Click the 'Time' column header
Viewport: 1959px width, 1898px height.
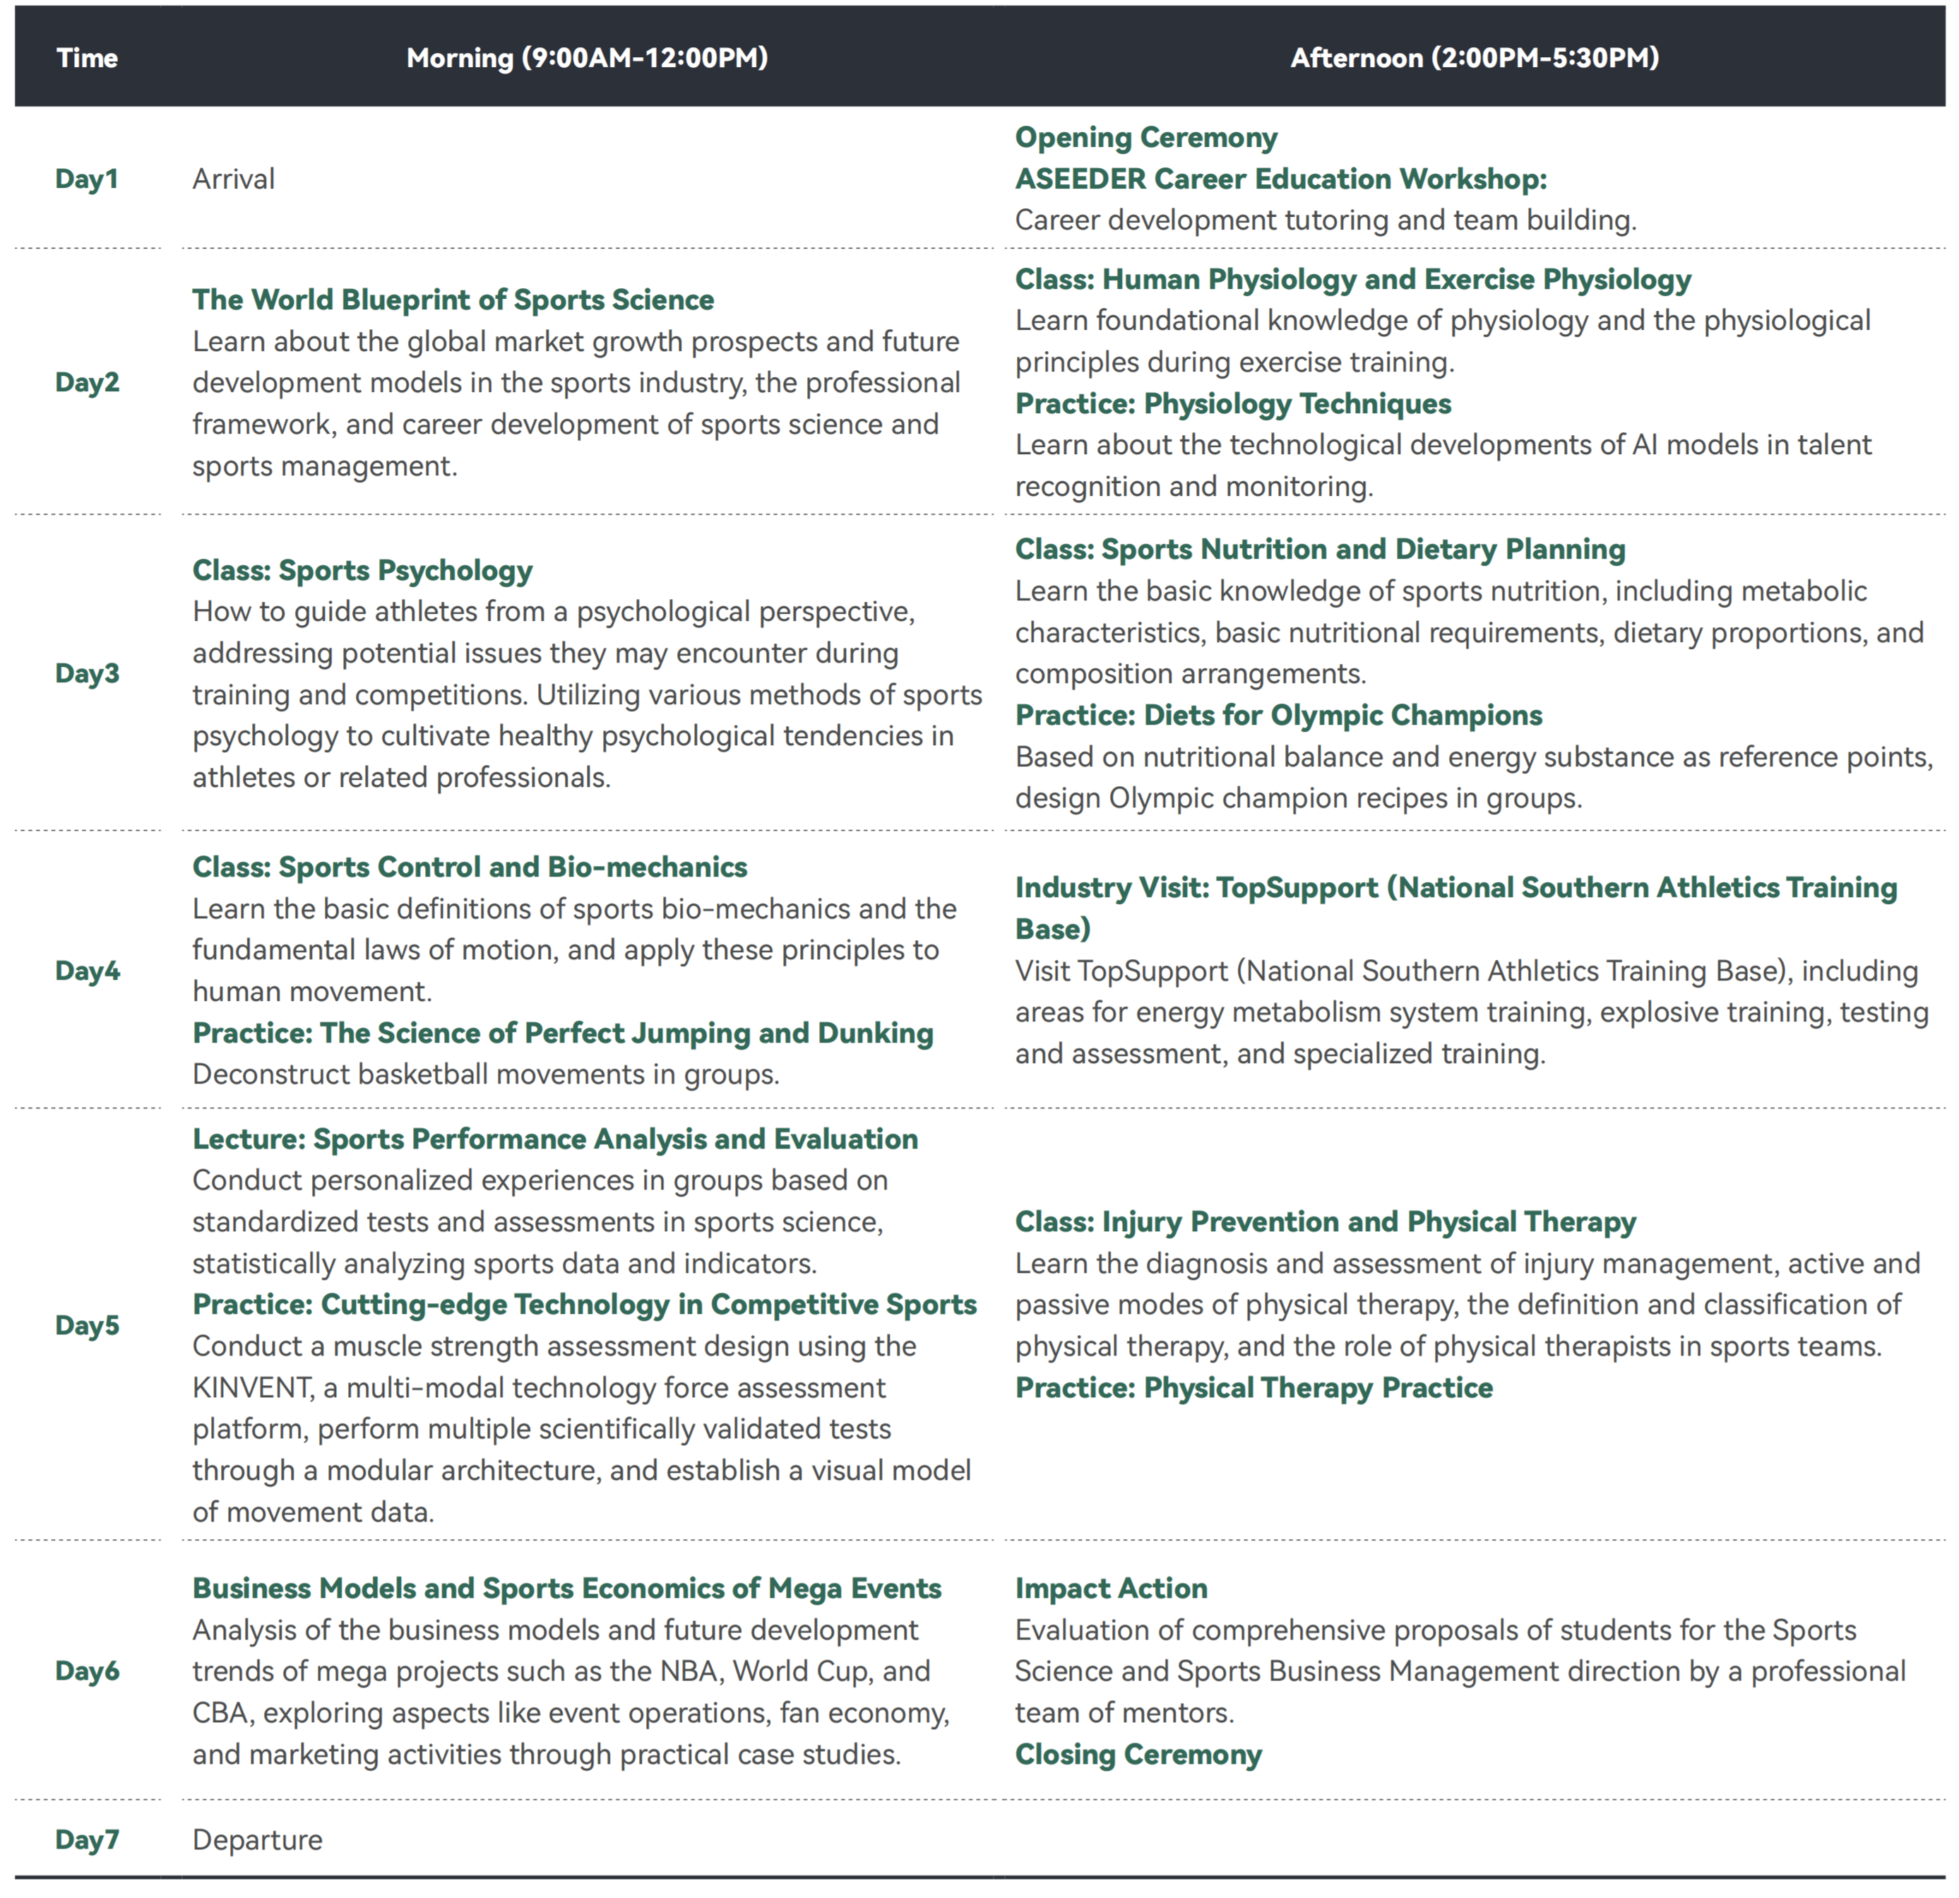click(x=87, y=58)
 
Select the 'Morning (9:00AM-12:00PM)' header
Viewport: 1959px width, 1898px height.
click(x=587, y=58)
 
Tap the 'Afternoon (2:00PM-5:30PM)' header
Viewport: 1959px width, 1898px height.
click(x=1475, y=58)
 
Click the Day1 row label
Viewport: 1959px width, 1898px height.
click(x=87, y=179)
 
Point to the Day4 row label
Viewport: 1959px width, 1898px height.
click(x=87, y=971)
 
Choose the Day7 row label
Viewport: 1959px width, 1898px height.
click(x=87, y=1839)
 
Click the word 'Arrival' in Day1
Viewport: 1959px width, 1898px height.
click(x=233, y=179)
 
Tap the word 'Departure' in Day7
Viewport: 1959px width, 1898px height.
click(x=257, y=1839)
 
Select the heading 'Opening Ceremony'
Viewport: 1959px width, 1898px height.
click(x=1145, y=137)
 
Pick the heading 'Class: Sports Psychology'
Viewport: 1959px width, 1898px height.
click(x=362, y=570)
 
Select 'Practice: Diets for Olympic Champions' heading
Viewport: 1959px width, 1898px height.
click(x=1278, y=715)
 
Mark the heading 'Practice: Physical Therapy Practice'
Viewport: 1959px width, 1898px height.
click(x=1254, y=1387)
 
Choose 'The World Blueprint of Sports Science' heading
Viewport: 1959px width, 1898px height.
click(x=453, y=299)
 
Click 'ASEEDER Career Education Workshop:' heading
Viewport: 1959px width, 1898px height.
click(x=1280, y=179)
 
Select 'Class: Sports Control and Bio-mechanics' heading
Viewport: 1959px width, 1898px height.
click(x=470, y=867)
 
